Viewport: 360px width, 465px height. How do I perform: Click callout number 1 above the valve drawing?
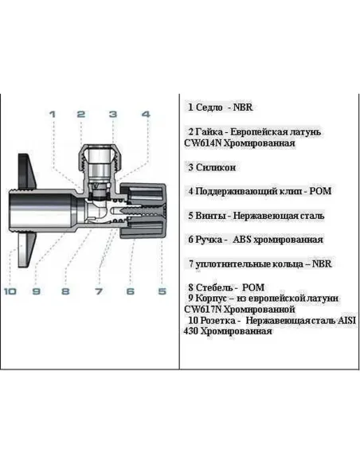[52, 115]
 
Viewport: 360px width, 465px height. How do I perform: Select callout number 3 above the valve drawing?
[113, 115]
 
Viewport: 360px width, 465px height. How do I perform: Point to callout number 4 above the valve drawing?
[146, 115]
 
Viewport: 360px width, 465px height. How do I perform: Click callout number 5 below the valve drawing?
[162, 291]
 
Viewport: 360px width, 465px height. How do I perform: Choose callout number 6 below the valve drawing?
[130, 291]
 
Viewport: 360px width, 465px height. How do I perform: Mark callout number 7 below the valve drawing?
[99, 291]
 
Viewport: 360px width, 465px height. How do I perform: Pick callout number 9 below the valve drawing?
[36, 291]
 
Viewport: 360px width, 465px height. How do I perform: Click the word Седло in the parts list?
[209, 107]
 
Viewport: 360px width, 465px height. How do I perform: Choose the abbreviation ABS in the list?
[245, 240]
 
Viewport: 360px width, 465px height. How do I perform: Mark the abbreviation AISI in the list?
[345, 320]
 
